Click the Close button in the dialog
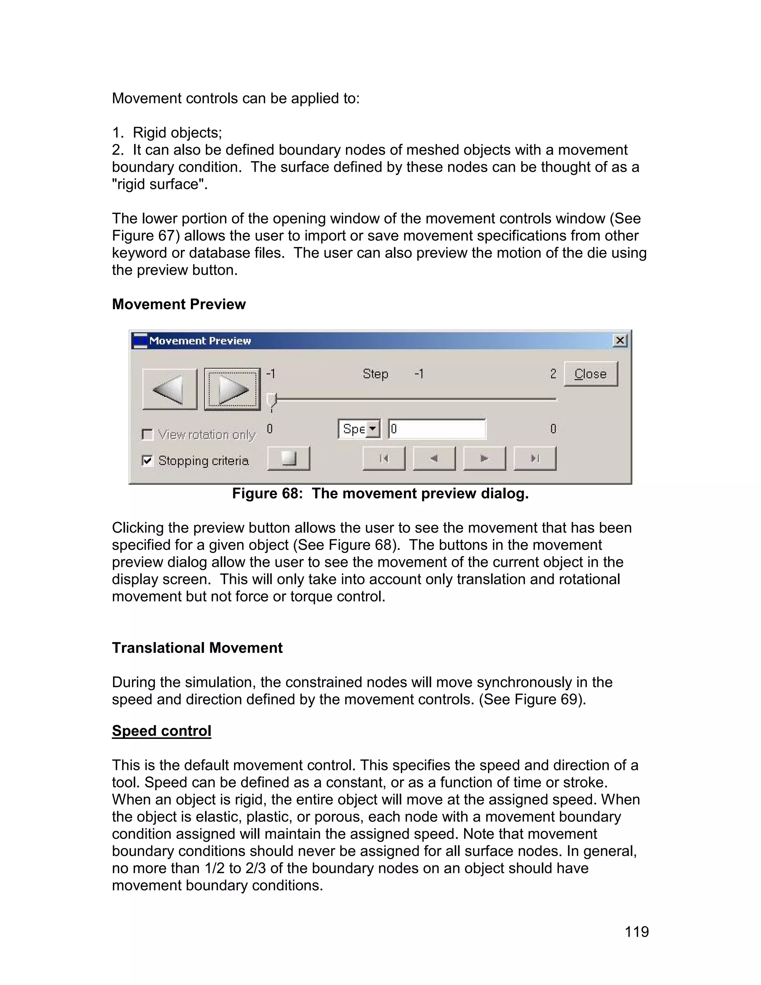[x=590, y=374]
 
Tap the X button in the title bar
[x=620, y=340]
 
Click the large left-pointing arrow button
[x=169, y=389]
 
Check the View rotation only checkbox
[x=148, y=434]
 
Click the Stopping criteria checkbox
[x=148, y=461]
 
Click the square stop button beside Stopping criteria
[x=288, y=459]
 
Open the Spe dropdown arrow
[x=373, y=429]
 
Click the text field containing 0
[x=437, y=429]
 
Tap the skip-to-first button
[x=383, y=459]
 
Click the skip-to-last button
[x=535, y=459]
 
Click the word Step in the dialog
[x=375, y=374]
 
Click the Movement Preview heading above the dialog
[x=178, y=304]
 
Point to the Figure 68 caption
[x=380, y=493]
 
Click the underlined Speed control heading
[x=161, y=731]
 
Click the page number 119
[x=636, y=931]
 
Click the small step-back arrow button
[x=434, y=459]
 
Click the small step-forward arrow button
[x=484, y=459]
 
